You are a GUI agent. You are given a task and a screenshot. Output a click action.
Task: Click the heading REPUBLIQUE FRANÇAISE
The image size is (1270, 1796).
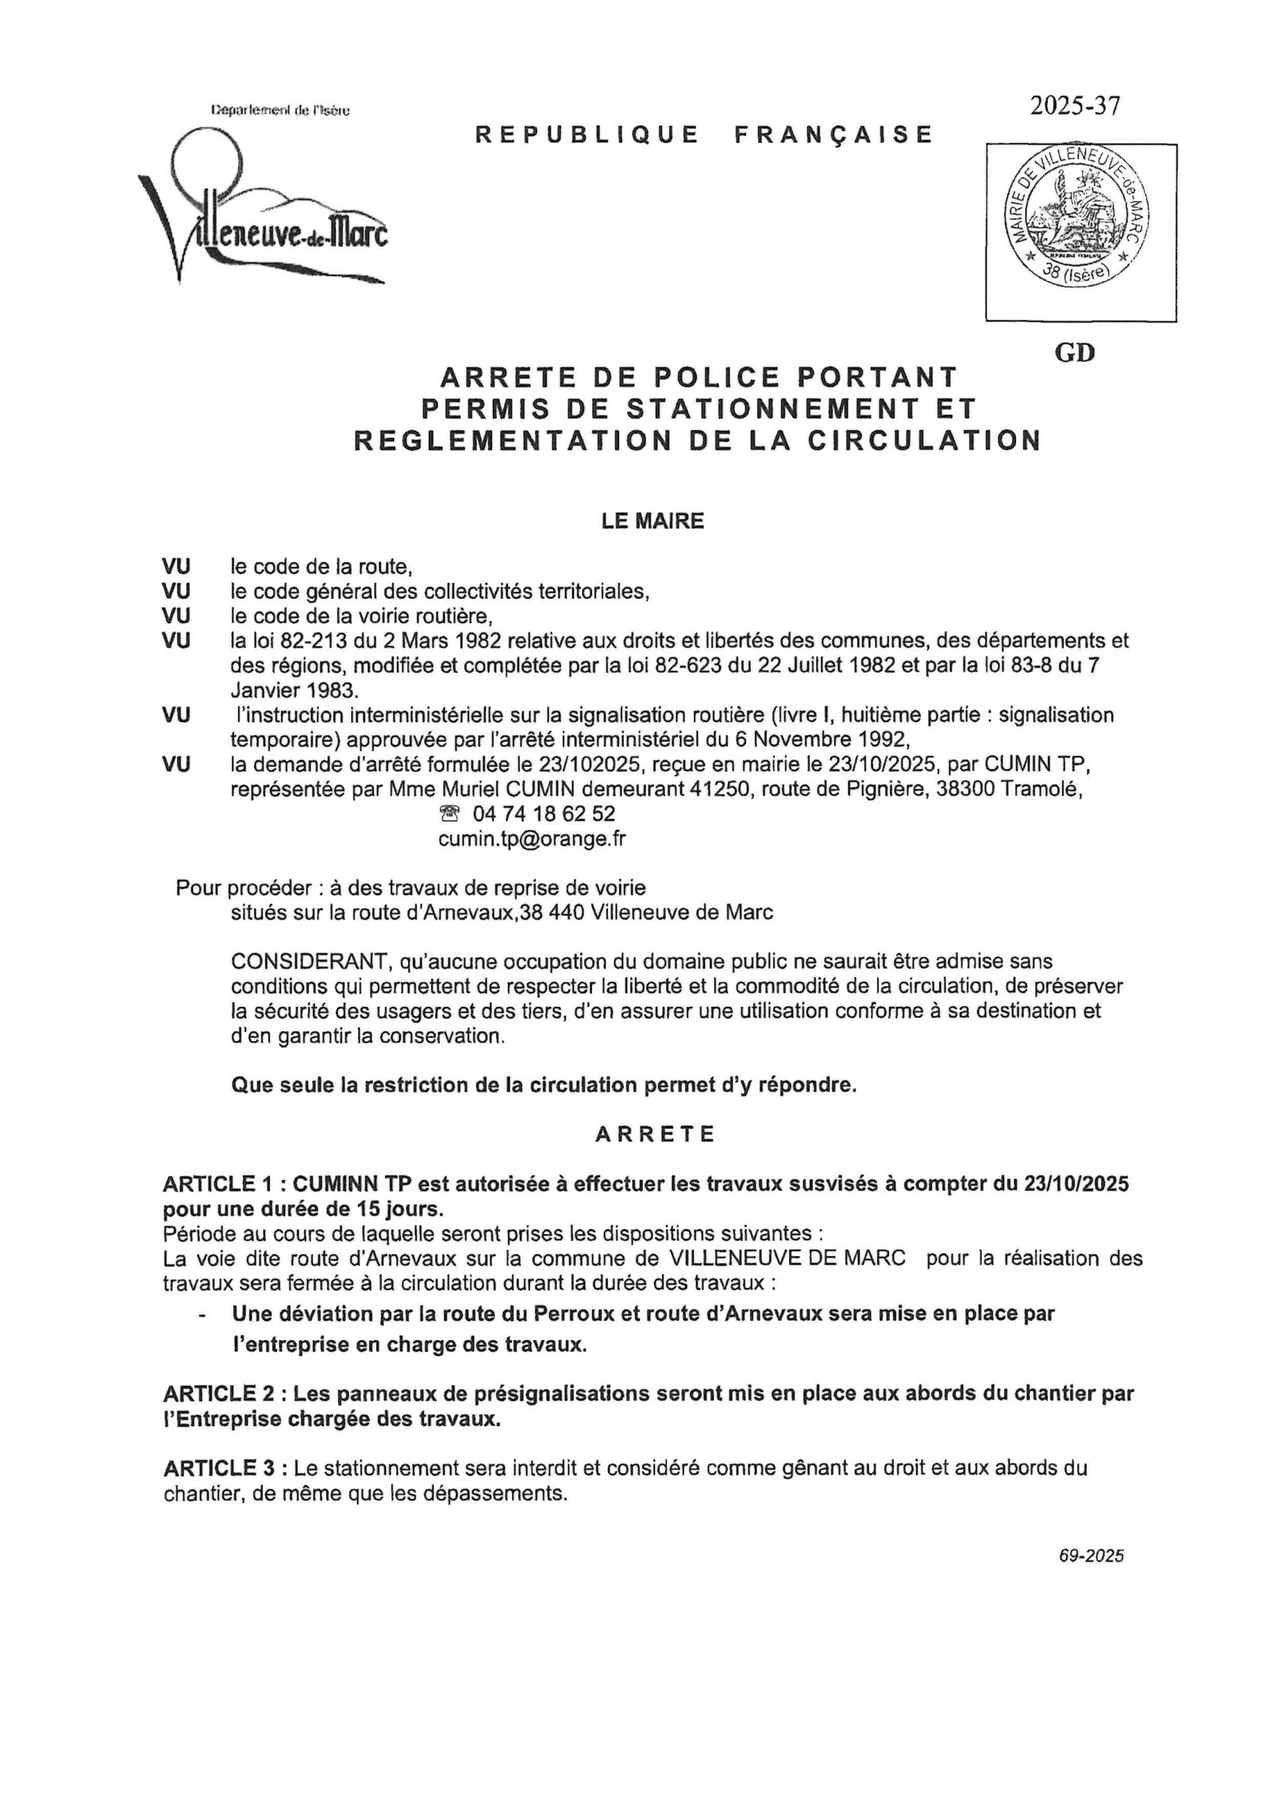coord(703,135)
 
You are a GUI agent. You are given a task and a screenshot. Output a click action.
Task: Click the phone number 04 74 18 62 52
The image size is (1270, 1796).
coord(543,814)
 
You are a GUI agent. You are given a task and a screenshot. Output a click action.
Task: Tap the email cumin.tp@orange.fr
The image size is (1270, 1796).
coord(532,839)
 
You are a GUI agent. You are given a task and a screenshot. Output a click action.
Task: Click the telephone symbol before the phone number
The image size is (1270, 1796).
coord(450,814)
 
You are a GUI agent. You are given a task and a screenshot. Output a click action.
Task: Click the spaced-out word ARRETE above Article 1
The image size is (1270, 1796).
coord(656,1134)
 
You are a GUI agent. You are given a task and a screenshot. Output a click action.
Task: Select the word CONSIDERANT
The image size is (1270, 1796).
coord(306,962)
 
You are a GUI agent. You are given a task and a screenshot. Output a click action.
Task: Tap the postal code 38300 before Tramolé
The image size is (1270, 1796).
coord(982,789)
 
